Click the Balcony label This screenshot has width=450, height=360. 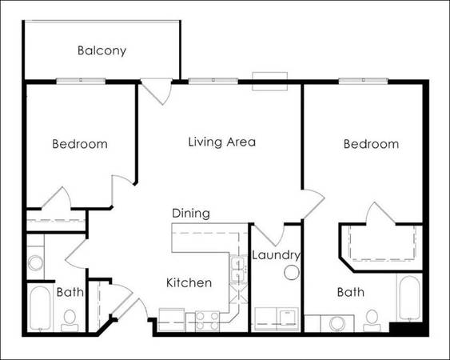coord(102,51)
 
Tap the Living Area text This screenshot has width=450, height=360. coord(222,142)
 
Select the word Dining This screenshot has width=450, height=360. coord(191,214)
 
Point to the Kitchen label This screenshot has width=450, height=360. coord(189,282)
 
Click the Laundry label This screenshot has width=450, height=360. coord(276,255)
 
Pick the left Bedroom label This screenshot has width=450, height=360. coord(80,144)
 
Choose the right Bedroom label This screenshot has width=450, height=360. coord(371,144)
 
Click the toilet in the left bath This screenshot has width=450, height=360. coord(70,321)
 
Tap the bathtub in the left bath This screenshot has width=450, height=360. coord(41,308)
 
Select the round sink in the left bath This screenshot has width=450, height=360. coord(36,263)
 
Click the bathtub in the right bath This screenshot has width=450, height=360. coord(409,298)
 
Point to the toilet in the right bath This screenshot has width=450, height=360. coord(372,321)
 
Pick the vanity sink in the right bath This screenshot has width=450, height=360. coord(337,324)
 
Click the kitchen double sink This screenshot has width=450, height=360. coord(238,270)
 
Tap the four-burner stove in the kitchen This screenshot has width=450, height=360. coord(207,322)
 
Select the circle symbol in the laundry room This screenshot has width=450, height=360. coord(292,272)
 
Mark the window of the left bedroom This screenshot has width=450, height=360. coord(81,81)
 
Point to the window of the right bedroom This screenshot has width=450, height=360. coord(364,81)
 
